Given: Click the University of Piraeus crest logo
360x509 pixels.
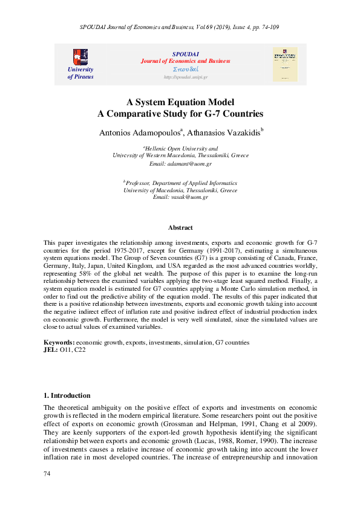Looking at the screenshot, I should pyautogui.click(x=80, y=57).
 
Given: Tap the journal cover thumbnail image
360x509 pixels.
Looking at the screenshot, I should pyautogui.click(x=286, y=65).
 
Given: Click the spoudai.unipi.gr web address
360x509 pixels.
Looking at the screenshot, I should pyautogui.click(x=186, y=77).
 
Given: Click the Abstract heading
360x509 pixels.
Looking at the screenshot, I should pyautogui.click(x=180, y=227).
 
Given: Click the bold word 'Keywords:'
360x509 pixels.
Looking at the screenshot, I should pyautogui.click(x=59, y=343).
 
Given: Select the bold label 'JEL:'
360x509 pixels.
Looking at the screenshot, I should pyautogui.click(x=50, y=350).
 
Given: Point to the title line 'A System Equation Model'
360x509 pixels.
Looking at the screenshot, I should pyautogui.click(x=180, y=102).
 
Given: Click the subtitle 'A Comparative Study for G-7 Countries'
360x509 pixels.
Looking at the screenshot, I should pyautogui.click(x=180, y=113).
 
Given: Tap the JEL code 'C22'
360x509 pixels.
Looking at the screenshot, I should pyautogui.click(x=80, y=350).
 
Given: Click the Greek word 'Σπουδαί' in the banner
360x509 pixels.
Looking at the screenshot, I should pyautogui.click(x=186, y=70).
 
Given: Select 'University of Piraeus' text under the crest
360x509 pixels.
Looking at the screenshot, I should pyautogui.click(x=80, y=73).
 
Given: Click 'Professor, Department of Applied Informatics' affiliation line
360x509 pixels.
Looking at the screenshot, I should pyautogui.click(x=180, y=183).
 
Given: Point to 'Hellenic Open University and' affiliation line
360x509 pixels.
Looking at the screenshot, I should pyautogui.click(x=180, y=148).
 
